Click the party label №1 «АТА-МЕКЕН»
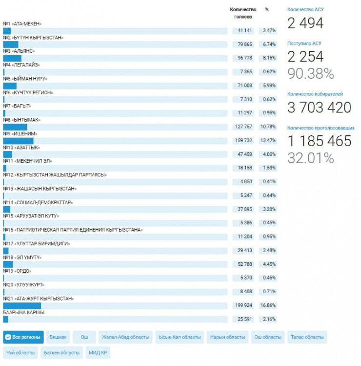coord(22,23)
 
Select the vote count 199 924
coord(243,305)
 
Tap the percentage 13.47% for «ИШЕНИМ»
coord(268,140)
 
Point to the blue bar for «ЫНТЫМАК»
coord(15,127)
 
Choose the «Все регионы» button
coord(23,337)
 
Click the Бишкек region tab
coord(58,337)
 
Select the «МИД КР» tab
coord(98,352)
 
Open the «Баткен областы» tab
coord(62,352)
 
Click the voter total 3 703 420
coord(319,107)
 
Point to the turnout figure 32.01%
coord(310,158)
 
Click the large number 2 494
coord(305,22)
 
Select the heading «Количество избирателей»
coord(315,94)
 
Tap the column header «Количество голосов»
coord(243,13)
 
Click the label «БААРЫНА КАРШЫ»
coord(23,312)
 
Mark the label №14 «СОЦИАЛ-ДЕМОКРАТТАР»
coord(38,202)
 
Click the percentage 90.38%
coord(310,73)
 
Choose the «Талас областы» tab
coord(307,337)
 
